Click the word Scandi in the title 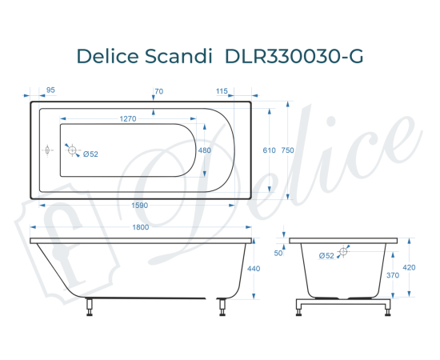tap(179, 55)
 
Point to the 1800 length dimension tap(140, 227)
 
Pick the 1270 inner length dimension tap(126, 118)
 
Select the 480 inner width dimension tap(205, 150)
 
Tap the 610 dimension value tap(269, 150)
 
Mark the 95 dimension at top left tap(50, 90)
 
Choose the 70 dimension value tap(158, 90)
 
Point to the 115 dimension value tap(222, 90)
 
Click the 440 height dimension tap(254, 269)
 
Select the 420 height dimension tap(409, 268)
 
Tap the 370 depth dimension tap(394, 275)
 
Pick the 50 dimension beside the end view tap(279, 253)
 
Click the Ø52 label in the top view tap(90, 154)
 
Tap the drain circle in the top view tap(72, 150)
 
